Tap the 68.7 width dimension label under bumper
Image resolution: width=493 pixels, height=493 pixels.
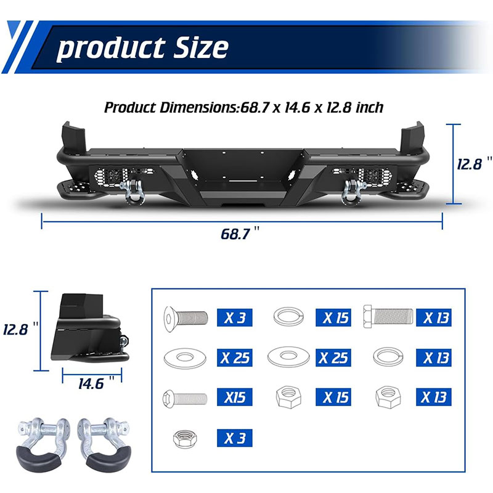pyautogui.click(x=240, y=234)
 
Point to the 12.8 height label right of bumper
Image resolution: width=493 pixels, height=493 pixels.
pyautogui.click(x=474, y=164)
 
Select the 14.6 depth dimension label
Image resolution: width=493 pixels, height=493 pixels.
pyautogui.click(x=96, y=383)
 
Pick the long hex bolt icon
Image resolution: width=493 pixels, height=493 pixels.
pyautogui.click(x=388, y=316)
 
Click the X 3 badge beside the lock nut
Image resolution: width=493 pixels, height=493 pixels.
pyautogui.click(x=235, y=438)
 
